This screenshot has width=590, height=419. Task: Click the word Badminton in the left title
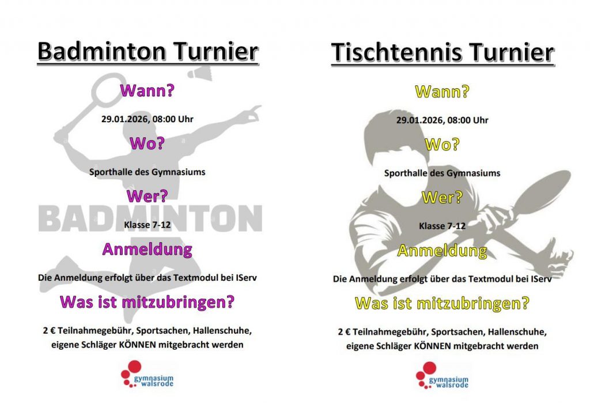[x=102, y=51]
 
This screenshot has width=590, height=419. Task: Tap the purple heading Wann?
[x=147, y=90]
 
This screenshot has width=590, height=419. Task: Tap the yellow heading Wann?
[x=442, y=92]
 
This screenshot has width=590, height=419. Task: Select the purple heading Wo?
[x=147, y=144]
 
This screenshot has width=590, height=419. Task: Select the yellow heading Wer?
[x=442, y=197]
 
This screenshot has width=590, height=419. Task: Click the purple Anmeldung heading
[x=147, y=250]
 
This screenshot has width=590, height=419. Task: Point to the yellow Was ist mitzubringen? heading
[x=442, y=303]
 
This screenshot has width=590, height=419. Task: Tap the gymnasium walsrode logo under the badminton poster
[x=147, y=375]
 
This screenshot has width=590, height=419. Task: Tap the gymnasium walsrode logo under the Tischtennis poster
[x=442, y=376]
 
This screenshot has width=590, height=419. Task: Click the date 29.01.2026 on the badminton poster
[x=124, y=119]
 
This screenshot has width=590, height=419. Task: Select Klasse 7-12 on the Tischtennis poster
[x=442, y=226]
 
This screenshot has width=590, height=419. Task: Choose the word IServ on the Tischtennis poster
[x=541, y=279]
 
